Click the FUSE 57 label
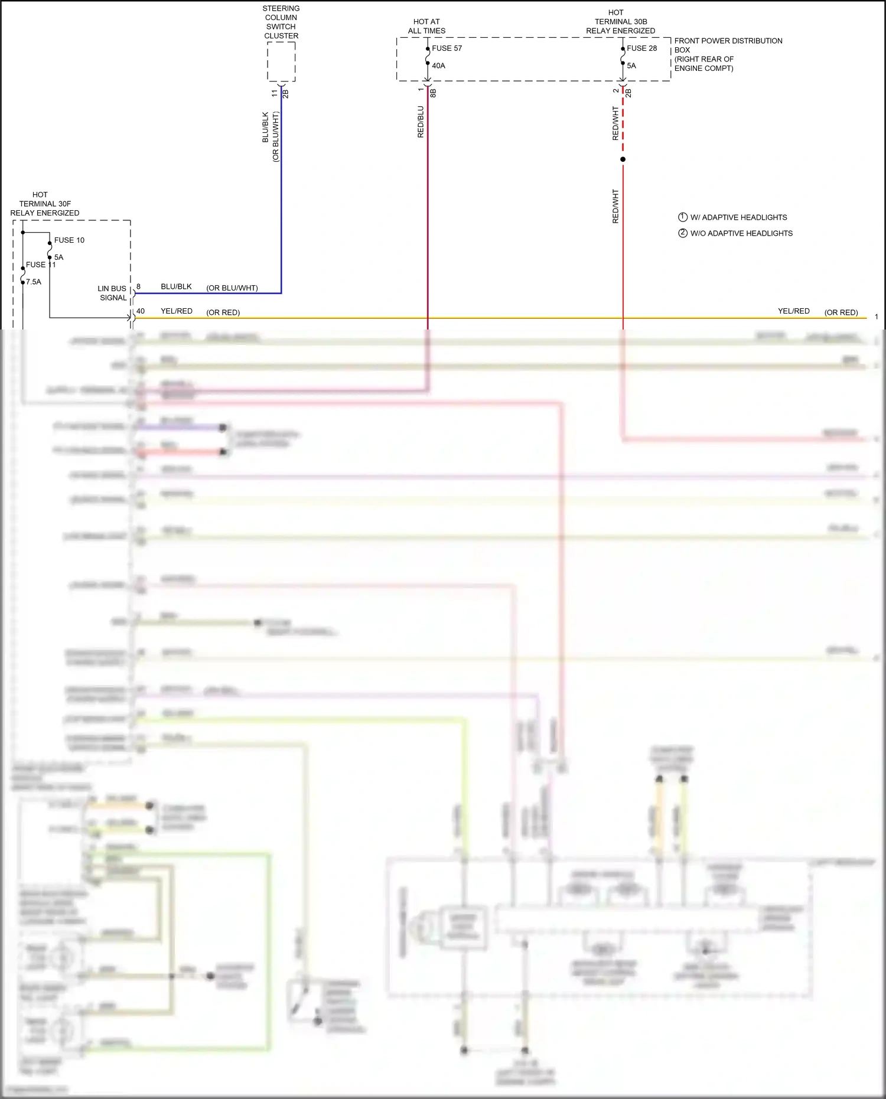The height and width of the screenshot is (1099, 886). [x=447, y=48]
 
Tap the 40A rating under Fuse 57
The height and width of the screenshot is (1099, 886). [x=438, y=66]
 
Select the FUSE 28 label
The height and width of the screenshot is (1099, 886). [x=641, y=48]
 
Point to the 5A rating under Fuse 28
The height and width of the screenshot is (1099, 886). [x=631, y=66]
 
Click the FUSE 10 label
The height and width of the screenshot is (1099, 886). [x=69, y=240]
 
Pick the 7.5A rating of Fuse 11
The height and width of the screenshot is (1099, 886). [x=34, y=282]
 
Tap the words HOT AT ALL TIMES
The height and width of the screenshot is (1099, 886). [x=426, y=26]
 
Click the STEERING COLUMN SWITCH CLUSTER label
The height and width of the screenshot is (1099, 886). [x=281, y=22]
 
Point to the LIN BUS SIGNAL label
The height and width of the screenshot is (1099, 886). [x=112, y=293]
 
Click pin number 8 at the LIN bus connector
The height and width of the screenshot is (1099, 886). [x=139, y=286]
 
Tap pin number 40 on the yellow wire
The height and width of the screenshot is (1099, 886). [x=141, y=311]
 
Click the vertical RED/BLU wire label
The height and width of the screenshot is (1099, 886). [x=421, y=122]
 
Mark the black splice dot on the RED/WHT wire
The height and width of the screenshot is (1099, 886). [x=623, y=159]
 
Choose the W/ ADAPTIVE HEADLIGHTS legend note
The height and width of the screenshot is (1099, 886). [x=738, y=217]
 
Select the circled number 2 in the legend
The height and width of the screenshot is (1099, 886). [x=683, y=233]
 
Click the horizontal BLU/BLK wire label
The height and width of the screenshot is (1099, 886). [x=176, y=286]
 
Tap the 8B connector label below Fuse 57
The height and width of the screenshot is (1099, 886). [x=433, y=93]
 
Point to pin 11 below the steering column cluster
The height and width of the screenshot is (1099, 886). [x=275, y=93]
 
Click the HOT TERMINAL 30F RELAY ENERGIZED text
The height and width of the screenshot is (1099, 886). [x=44, y=204]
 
